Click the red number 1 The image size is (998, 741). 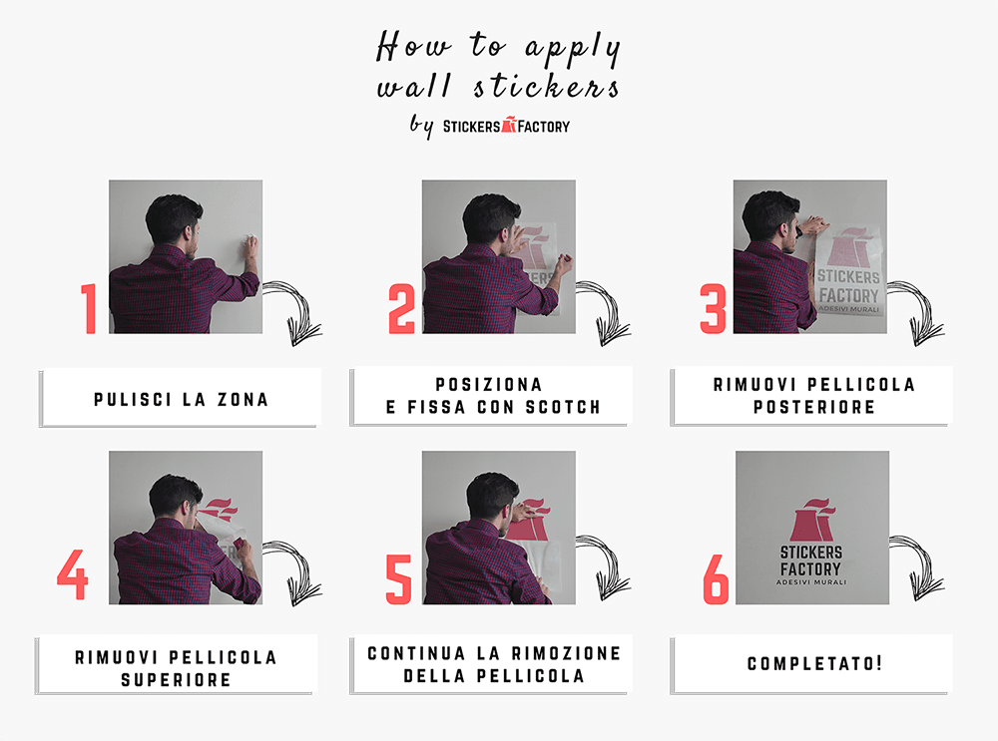pos(90,308)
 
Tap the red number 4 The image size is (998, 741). pos(73,574)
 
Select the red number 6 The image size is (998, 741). pos(716,578)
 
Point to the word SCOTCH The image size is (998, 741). pos(563,407)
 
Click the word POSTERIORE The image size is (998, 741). pos(814,407)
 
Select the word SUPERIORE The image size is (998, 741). pos(176,680)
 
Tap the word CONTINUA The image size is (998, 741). pos(416,653)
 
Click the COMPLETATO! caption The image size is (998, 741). pos(814,663)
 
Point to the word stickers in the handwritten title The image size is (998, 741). pos(546,87)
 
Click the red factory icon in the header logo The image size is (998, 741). pos(509,125)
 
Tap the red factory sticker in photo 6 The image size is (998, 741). pos(812,519)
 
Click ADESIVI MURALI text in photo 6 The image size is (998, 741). pos(811,582)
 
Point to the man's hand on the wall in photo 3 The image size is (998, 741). pos(813,225)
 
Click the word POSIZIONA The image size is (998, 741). pos(489,384)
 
